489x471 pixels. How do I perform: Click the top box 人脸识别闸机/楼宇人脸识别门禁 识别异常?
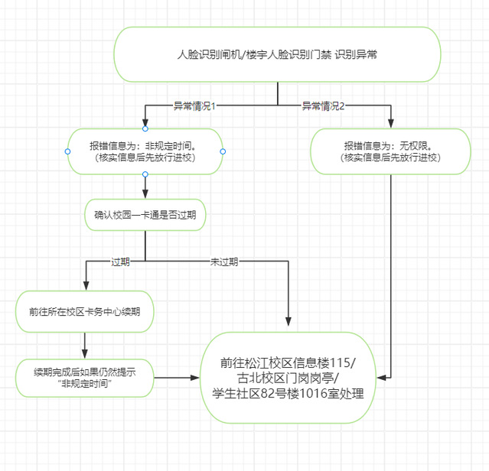tap(277, 56)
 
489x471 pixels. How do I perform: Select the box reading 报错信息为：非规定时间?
tap(145, 151)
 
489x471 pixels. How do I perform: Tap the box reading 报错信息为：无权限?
tap(391, 151)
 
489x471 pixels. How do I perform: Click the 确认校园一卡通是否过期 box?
tap(145, 216)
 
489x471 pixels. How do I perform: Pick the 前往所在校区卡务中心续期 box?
tap(83, 312)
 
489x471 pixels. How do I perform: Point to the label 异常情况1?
tap(194, 106)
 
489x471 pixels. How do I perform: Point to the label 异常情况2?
tap(323, 106)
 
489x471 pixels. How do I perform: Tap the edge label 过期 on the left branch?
tap(120, 261)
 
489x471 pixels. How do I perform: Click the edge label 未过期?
tap(224, 261)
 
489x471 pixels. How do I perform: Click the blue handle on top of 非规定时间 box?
tap(145, 128)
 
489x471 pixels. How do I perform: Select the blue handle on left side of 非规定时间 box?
tap(67, 151)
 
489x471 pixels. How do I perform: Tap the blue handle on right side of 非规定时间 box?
tap(223, 151)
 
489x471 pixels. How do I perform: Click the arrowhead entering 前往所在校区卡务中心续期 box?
tap(83, 290)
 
